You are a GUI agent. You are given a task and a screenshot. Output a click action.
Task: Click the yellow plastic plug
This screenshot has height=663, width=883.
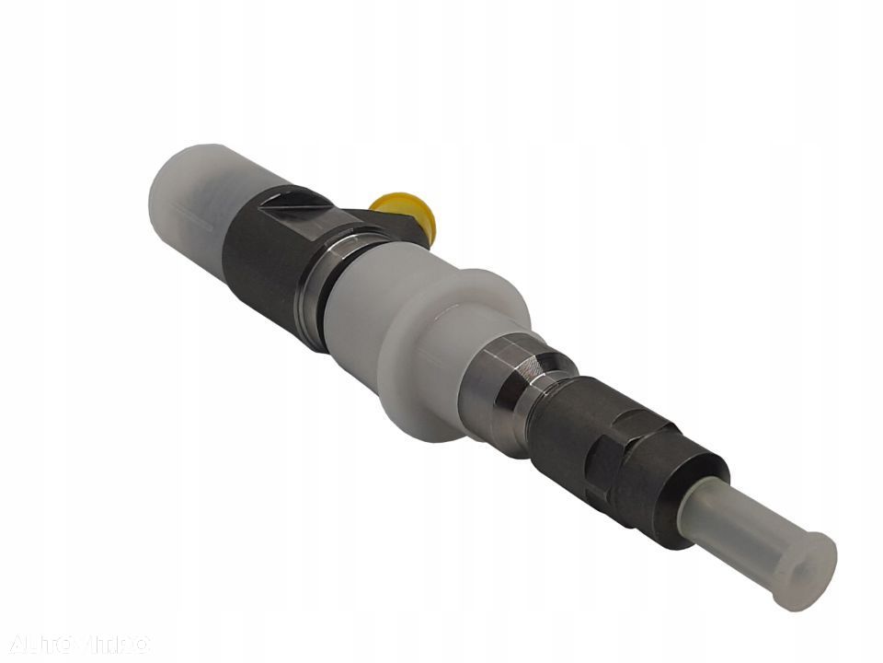(x=405, y=210)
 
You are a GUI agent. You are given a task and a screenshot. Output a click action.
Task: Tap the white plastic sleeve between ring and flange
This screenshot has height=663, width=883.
(x=368, y=304)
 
